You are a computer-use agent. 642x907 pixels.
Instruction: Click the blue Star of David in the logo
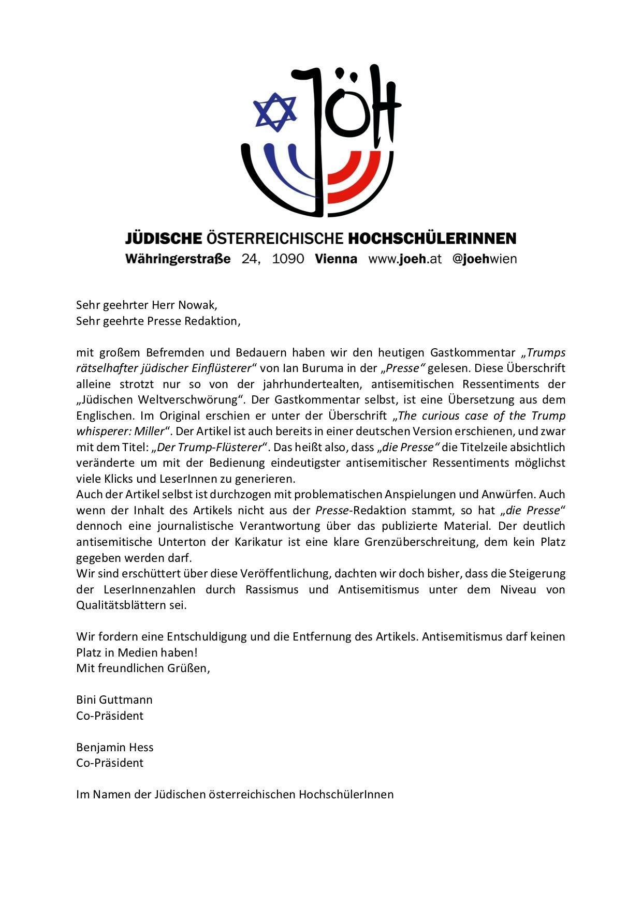(x=275, y=112)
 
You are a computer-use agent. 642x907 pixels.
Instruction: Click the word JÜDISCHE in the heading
(x=163, y=239)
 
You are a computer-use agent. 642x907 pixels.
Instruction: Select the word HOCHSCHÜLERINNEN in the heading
(x=432, y=239)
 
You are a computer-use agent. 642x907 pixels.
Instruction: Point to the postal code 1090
(x=288, y=259)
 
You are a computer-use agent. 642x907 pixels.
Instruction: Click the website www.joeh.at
(x=405, y=259)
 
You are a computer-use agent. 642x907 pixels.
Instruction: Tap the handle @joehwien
(x=485, y=259)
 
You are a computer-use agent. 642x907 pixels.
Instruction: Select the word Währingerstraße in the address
(x=178, y=259)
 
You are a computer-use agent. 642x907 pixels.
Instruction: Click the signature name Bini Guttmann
(x=114, y=700)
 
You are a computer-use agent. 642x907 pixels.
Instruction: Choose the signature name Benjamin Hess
(x=115, y=747)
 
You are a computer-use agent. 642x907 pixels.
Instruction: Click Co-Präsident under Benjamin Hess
(x=110, y=763)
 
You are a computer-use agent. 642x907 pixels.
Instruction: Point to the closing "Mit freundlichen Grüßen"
(x=143, y=668)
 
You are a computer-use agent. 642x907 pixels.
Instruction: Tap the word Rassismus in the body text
(x=272, y=589)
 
